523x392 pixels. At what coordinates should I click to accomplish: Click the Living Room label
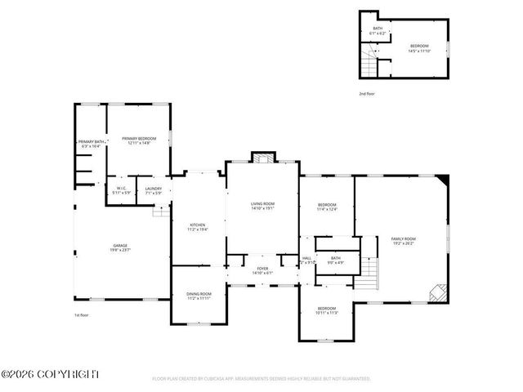point(262,205)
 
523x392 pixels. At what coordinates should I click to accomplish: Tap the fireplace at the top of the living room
point(262,158)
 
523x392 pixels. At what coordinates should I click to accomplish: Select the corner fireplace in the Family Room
point(439,292)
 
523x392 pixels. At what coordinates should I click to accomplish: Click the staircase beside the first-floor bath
point(371,269)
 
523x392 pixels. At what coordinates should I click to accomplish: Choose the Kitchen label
point(198,227)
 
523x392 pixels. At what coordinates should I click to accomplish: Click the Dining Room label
point(199,296)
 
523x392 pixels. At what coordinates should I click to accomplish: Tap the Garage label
point(120,247)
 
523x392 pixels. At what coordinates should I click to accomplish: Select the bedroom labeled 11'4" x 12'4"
point(327,207)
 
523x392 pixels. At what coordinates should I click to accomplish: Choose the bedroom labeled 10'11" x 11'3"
point(327,310)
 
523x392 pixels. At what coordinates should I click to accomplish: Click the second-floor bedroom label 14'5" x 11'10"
point(418,48)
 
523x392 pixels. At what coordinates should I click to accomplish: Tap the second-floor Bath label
point(378,31)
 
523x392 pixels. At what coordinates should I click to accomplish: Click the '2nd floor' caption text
point(368,94)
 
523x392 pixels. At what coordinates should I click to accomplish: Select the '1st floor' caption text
point(81,314)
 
